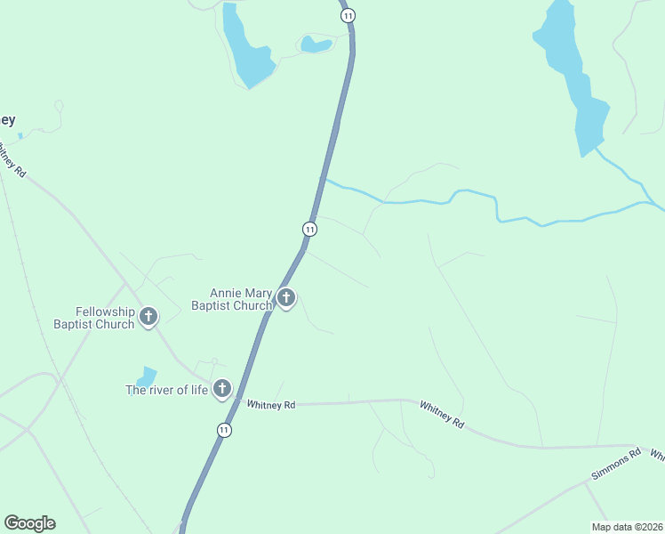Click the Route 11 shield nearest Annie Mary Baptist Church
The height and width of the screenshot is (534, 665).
pos(309,229)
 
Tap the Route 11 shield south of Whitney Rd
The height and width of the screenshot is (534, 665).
pos(224,430)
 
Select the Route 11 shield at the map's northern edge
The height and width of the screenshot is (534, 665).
pos(348,15)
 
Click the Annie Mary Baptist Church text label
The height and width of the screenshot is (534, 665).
pos(240,299)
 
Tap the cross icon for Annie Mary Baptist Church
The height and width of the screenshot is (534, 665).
pos(285,298)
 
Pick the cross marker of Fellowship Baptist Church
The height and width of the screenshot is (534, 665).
pos(148,315)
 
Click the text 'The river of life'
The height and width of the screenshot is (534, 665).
pos(166,390)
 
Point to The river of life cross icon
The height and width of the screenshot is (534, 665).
pos(221,388)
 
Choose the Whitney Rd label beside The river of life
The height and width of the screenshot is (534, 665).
pos(270,405)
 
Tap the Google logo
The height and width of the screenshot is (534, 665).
pos(29,523)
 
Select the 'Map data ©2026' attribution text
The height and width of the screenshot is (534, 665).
pos(627,526)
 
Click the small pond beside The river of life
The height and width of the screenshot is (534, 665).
pos(147,377)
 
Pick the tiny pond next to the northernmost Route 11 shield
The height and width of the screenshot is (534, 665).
pos(316,44)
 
